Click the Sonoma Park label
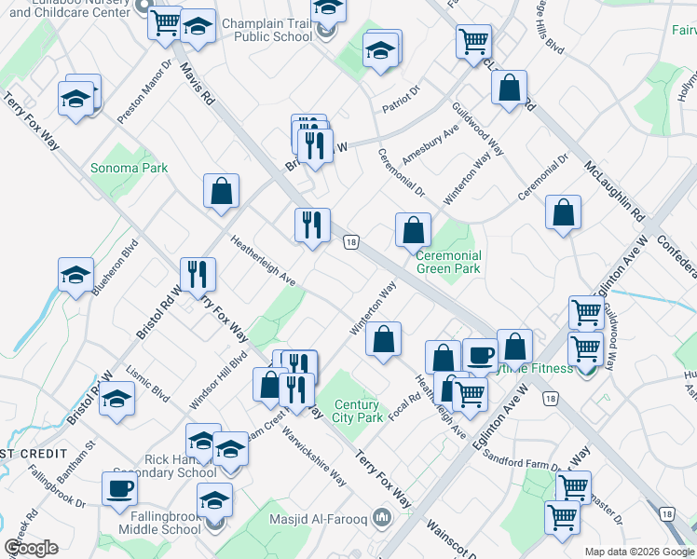(x=142, y=169)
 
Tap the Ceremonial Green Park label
(x=448, y=262)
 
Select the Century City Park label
(x=358, y=411)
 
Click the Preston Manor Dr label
(x=144, y=93)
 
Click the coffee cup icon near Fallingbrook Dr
(x=119, y=489)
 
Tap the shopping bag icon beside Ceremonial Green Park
(x=413, y=229)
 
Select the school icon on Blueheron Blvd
(x=76, y=276)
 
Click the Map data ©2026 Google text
(x=638, y=552)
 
